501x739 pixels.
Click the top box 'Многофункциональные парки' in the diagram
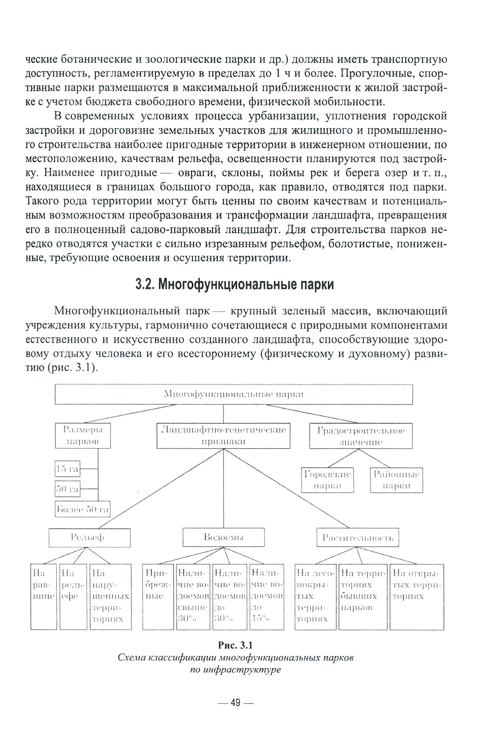pyautogui.click(x=234, y=394)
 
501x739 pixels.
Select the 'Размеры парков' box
pyautogui.click(x=83, y=436)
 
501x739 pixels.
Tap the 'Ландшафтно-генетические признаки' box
pyautogui.click(x=224, y=436)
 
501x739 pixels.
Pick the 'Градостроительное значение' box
pyautogui.click(x=361, y=436)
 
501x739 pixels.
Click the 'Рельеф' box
pyautogui.click(x=90, y=537)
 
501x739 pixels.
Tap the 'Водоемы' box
pyautogui.click(x=224, y=537)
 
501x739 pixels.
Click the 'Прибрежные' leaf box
pyautogui.click(x=158, y=596)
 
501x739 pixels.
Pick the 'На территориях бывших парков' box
pyautogui.click(x=363, y=596)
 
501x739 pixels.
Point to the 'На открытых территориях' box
pyautogui.click(x=417, y=596)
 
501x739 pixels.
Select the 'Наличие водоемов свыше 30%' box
pyautogui.click(x=193, y=596)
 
